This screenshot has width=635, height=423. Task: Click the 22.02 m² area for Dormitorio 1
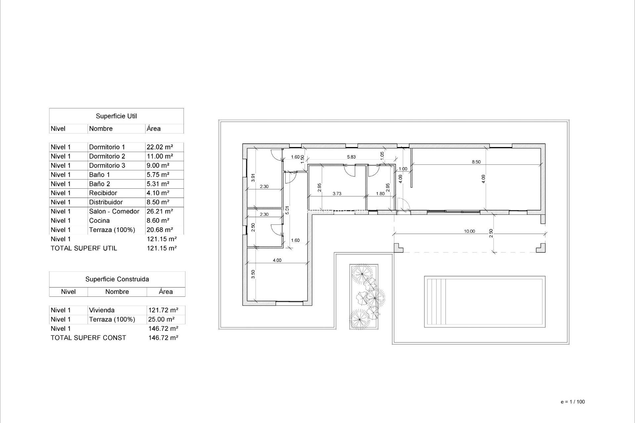(160, 147)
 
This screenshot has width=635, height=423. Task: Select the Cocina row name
(99, 220)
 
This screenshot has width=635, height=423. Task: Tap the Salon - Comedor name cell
(114, 211)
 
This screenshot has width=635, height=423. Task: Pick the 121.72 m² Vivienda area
(163, 310)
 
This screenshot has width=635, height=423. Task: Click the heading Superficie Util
(116, 116)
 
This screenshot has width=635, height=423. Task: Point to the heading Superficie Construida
(117, 279)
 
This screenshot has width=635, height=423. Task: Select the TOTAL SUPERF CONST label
(88, 338)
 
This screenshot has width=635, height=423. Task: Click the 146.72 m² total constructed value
(163, 338)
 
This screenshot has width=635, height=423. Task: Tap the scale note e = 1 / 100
(573, 402)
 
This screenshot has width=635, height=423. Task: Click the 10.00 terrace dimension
(469, 231)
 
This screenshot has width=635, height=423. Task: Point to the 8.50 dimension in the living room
(476, 162)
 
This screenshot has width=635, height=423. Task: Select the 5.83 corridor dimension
(351, 157)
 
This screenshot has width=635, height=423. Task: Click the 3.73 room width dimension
(337, 194)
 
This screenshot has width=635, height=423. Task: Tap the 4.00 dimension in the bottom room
(277, 260)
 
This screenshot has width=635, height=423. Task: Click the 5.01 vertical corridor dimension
(287, 211)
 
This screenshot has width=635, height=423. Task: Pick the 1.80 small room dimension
(380, 194)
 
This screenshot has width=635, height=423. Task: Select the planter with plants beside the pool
(364, 296)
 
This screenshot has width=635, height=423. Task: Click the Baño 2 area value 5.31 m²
(158, 184)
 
